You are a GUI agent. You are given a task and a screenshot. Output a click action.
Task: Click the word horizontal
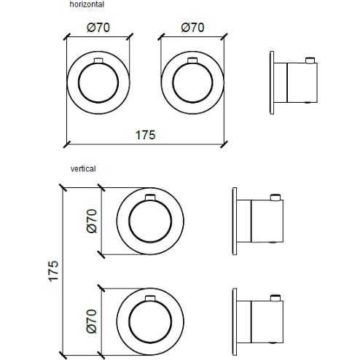[87, 4]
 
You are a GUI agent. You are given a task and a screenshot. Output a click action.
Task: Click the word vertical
[83, 168]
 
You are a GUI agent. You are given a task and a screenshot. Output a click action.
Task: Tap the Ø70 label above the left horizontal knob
[98, 28]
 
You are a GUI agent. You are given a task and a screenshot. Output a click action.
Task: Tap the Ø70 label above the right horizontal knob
[192, 28]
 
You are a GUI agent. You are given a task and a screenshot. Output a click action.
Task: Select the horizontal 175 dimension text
[145, 135]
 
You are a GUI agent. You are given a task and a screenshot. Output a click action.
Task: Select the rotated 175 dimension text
[53, 271]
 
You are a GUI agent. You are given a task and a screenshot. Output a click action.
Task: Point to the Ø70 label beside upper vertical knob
[92, 221]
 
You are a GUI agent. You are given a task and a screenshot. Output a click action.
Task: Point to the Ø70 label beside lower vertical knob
[92, 321]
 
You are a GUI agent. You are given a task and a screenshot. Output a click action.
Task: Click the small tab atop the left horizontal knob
[98, 60]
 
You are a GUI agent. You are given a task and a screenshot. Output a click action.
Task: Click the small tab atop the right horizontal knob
[192, 60]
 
